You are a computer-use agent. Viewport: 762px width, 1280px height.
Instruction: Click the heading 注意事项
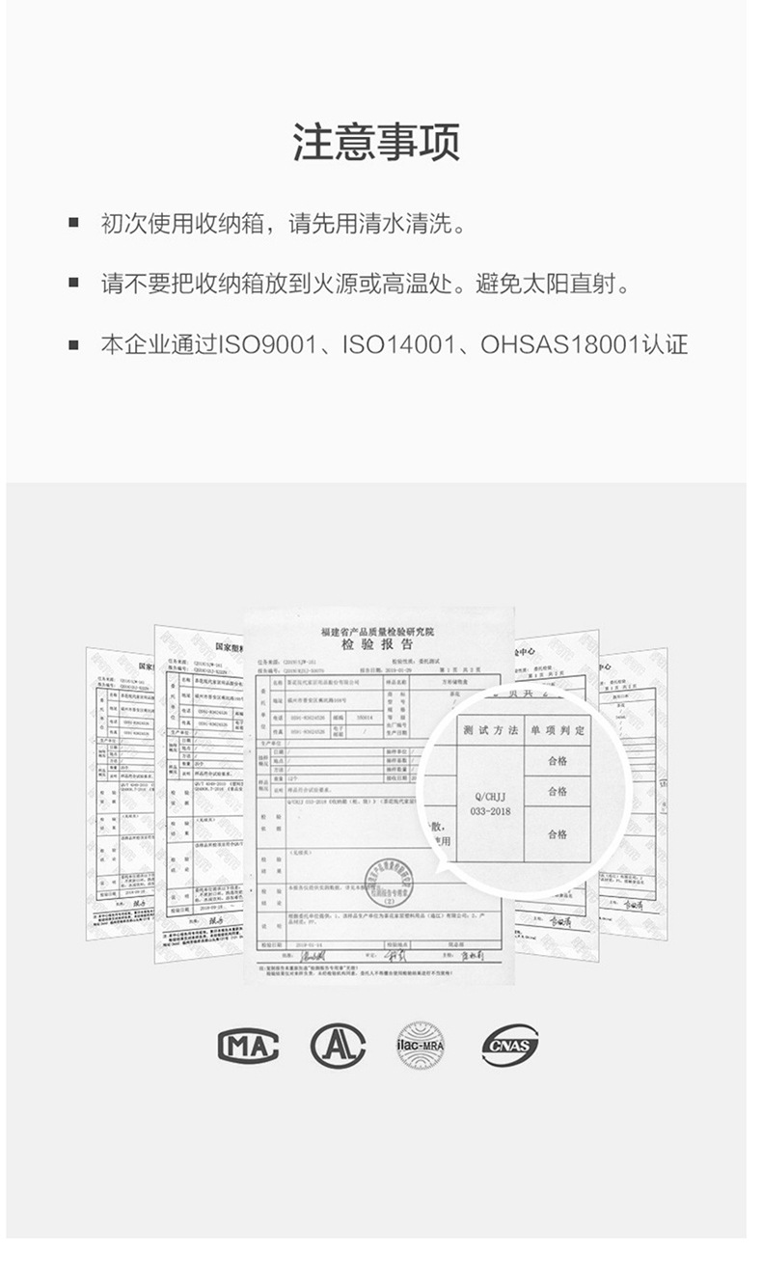pos(376,142)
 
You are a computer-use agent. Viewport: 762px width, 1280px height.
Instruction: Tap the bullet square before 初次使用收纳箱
pos(73,226)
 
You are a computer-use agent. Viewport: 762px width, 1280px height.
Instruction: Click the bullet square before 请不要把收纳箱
pos(73,285)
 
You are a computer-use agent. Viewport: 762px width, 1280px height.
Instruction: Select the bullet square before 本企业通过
pos(73,344)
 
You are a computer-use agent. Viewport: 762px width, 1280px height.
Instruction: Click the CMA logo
pos(248,1046)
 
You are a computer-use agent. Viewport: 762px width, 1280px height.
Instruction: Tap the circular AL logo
pos(338,1046)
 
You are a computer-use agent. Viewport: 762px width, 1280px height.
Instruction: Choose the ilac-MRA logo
pos(421,1046)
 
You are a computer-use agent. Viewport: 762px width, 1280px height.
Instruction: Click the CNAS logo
pos(510,1046)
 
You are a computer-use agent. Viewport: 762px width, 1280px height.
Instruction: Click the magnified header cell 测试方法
pos(490,730)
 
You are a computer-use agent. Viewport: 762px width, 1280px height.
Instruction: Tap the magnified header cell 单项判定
pos(557,730)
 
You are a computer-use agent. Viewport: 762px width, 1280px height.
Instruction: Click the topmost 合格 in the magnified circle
pos(557,761)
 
